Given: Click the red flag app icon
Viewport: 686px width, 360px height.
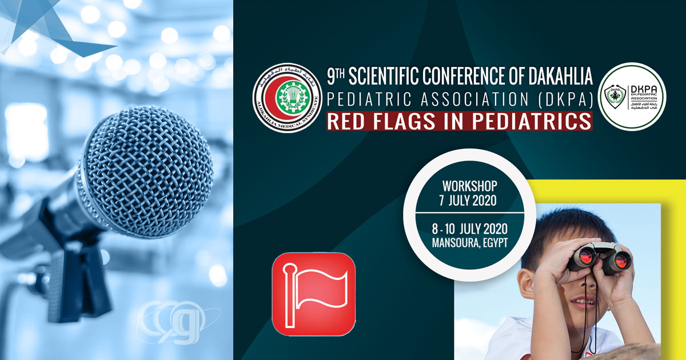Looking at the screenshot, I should [x=313, y=294].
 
